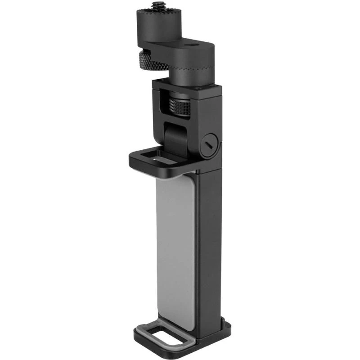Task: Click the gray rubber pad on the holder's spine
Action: pos(175,247)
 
